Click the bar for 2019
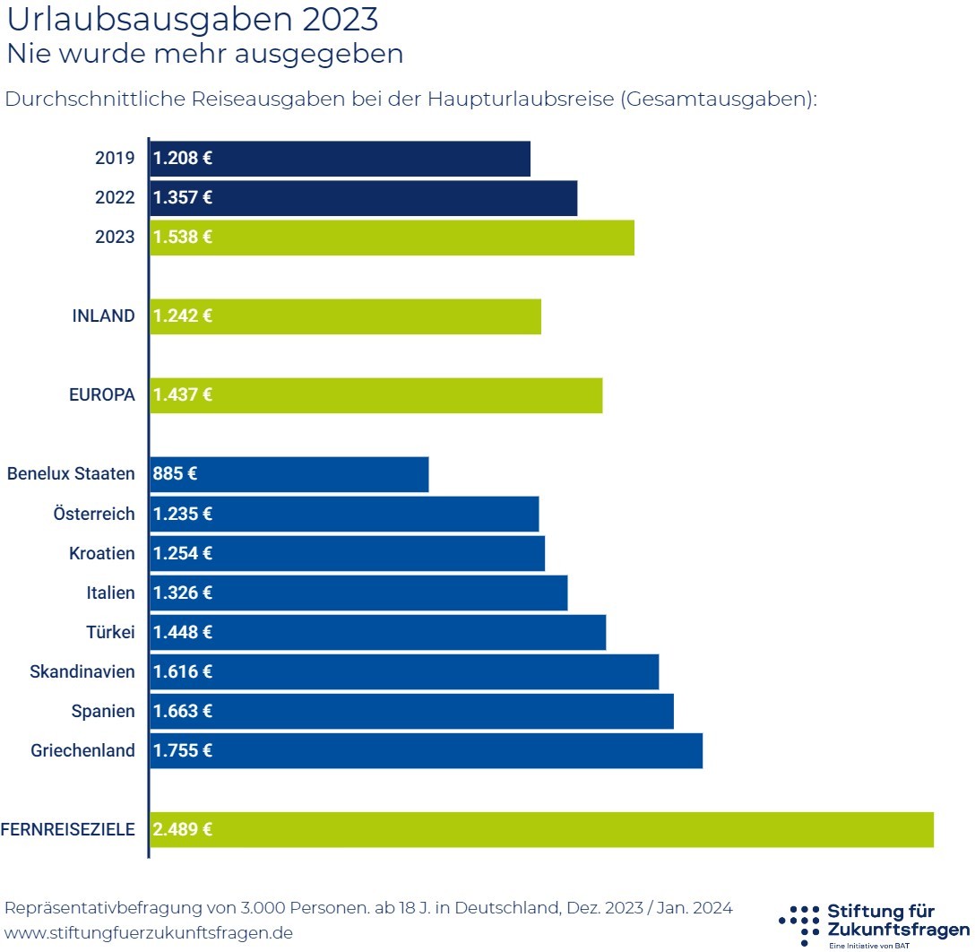[x=340, y=159]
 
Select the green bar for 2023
[x=392, y=238]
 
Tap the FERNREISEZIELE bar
[x=541, y=829]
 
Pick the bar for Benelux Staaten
[x=289, y=474]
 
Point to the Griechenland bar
[x=426, y=750]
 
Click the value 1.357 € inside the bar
[x=183, y=198]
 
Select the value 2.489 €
[x=183, y=829]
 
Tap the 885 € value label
[x=175, y=474]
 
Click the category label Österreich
[x=94, y=514]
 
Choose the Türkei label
[x=110, y=632]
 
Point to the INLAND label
[x=103, y=316]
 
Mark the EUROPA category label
[x=102, y=395]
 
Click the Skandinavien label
[x=82, y=671]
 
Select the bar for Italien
[x=358, y=593]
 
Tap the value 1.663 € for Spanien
[x=183, y=711]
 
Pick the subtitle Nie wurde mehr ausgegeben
[x=205, y=54]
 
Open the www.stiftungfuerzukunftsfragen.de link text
[x=149, y=932]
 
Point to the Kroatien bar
[x=347, y=553]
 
